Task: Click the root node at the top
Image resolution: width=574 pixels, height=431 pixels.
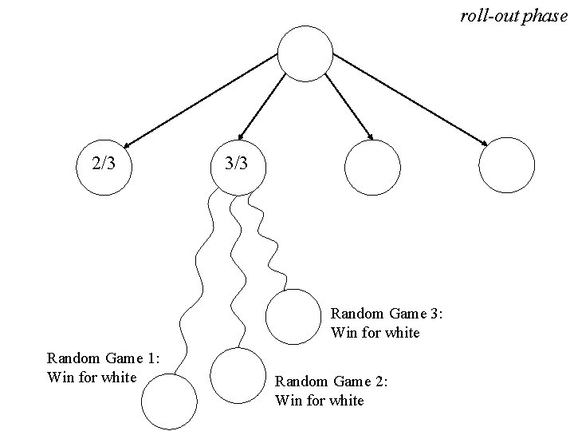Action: point(305,54)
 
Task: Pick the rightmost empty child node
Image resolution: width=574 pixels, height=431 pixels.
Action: point(506,164)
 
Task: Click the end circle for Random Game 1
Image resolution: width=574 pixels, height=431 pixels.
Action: point(168,401)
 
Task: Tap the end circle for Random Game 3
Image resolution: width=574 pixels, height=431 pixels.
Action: point(293,317)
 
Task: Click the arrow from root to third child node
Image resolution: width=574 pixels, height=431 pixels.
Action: point(348,106)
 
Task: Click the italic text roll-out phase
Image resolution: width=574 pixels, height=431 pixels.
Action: point(513,16)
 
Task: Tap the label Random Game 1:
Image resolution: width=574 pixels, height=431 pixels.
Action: point(104,358)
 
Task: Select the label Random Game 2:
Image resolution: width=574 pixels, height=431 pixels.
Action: point(331,382)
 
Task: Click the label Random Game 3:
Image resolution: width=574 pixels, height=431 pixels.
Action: point(387,314)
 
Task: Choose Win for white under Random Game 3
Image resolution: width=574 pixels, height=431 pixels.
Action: point(375,332)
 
